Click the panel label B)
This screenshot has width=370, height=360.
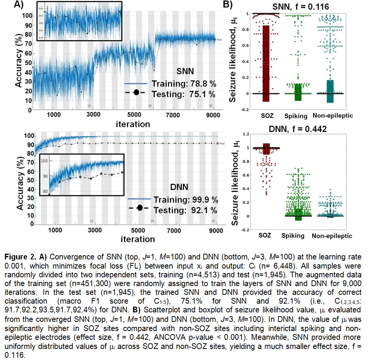point(228,5)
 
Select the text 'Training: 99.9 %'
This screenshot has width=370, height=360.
point(186,199)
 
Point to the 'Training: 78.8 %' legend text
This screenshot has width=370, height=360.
point(183,84)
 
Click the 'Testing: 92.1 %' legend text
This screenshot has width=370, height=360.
point(186,210)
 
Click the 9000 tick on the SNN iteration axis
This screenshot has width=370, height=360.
point(216,115)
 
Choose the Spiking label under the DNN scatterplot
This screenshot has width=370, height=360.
point(293,235)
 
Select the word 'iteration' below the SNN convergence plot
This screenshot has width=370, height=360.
point(133,124)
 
